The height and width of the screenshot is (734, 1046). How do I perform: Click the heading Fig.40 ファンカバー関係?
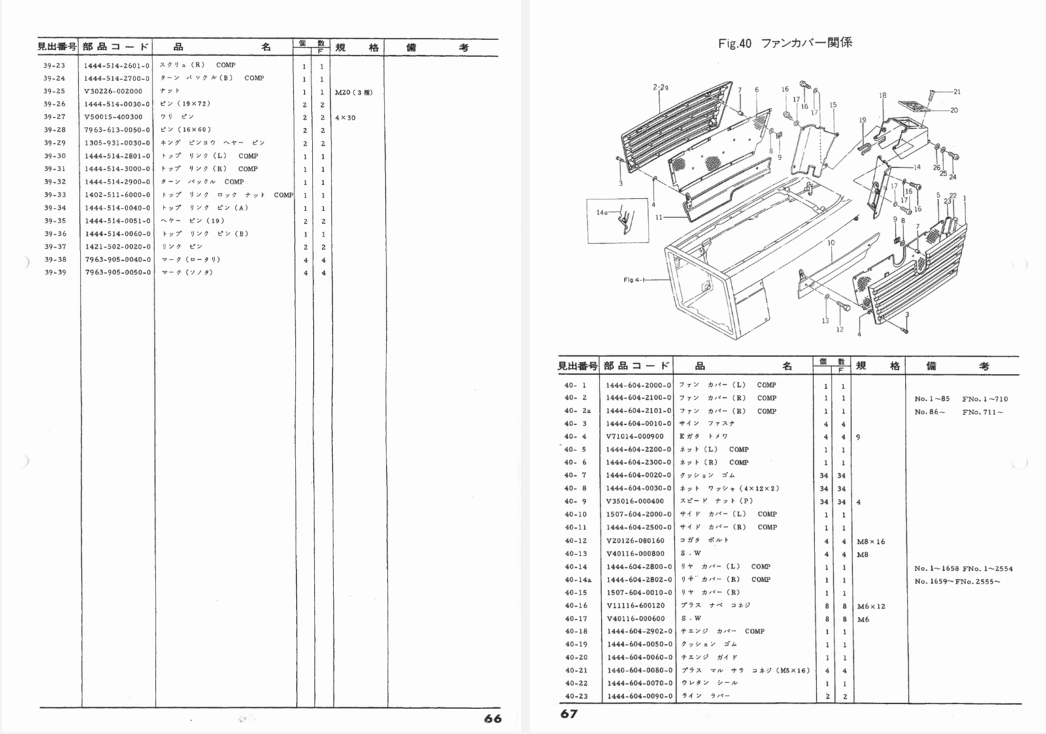point(785,44)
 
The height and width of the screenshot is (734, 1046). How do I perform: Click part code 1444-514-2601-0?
point(116,65)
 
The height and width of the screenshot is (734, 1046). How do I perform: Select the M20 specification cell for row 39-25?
point(353,92)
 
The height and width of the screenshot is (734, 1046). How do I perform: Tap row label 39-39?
point(55,273)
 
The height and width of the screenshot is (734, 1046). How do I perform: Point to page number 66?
point(493,718)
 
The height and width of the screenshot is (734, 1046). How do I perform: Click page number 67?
point(569,714)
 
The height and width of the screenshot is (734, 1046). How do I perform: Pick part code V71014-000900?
point(634,437)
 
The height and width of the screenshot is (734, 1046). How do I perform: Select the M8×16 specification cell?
point(870,541)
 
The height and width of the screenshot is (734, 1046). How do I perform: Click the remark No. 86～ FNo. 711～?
point(958,412)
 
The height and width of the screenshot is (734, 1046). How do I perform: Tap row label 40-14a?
point(577,580)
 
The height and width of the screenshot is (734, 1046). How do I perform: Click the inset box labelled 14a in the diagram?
point(617,220)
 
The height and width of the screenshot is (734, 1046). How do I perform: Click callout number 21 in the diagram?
point(957,92)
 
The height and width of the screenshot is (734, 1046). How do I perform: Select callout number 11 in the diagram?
point(658,218)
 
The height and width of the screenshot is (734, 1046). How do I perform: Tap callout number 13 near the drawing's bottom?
point(825,320)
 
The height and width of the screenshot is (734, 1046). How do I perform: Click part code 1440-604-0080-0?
point(639,671)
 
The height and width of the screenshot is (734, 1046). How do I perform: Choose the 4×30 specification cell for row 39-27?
point(345,118)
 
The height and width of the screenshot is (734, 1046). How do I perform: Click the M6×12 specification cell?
point(871,606)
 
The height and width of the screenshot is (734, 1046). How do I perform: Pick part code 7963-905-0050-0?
point(117,273)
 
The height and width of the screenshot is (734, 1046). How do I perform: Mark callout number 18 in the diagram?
point(883,95)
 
